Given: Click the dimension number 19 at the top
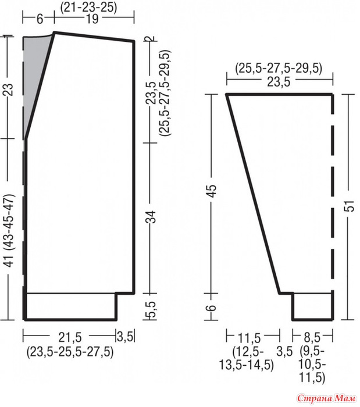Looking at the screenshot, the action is [92, 19].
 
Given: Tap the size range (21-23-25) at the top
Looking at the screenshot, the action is [89, 7].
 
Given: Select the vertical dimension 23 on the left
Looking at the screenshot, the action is [9, 90].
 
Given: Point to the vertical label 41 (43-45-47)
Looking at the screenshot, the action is [9, 230].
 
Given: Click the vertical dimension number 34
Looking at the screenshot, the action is [152, 217].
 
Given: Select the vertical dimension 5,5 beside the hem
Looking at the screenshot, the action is [152, 309].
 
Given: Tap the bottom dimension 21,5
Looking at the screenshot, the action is [70, 337].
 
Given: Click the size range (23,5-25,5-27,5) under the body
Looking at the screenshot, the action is [70, 352].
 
